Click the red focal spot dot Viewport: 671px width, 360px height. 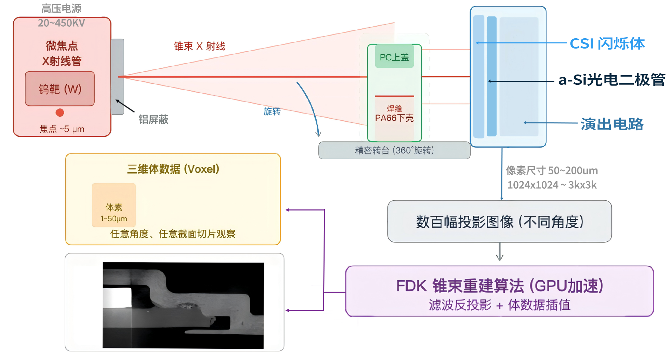click(x=60, y=112)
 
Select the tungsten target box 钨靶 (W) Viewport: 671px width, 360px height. click(x=60, y=89)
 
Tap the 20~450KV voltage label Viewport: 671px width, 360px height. click(x=61, y=23)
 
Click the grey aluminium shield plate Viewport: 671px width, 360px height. click(x=117, y=77)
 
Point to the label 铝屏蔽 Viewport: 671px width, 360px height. click(x=154, y=119)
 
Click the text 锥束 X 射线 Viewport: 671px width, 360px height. click(x=200, y=46)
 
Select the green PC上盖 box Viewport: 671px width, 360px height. click(x=394, y=57)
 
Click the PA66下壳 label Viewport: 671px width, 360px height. click(x=394, y=118)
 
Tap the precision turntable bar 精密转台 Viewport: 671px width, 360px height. click(x=394, y=150)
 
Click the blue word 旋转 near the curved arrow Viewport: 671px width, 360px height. click(x=272, y=111)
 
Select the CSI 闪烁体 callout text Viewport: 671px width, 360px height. click(x=607, y=44)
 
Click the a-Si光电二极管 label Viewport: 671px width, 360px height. click(x=612, y=80)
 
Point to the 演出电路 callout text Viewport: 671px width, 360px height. click(x=612, y=124)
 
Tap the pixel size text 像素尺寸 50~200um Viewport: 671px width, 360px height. click(x=552, y=170)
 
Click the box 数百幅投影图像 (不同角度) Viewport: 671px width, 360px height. click(x=500, y=222)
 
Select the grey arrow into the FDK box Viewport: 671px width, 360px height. click(x=500, y=252)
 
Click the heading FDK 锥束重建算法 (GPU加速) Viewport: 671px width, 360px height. click(x=500, y=286)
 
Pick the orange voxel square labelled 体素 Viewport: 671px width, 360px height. click(x=114, y=205)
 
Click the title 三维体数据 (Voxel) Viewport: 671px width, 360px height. click(x=173, y=169)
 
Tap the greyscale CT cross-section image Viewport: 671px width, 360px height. click(x=183, y=305)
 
